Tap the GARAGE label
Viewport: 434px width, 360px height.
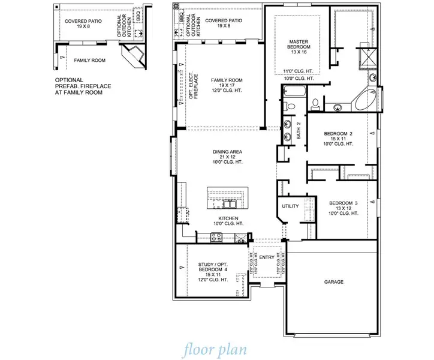(x=334, y=281)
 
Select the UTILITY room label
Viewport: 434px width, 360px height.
(x=290, y=206)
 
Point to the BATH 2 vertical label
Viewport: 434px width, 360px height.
(x=298, y=131)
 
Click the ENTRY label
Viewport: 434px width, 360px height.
(x=267, y=257)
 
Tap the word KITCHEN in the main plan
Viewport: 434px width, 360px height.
(x=228, y=218)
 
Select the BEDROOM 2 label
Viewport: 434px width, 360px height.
(x=338, y=133)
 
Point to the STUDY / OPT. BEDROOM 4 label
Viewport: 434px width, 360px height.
(x=213, y=268)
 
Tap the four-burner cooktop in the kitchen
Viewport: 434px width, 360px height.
(x=217, y=238)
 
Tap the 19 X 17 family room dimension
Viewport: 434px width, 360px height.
(x=227, y=86)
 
